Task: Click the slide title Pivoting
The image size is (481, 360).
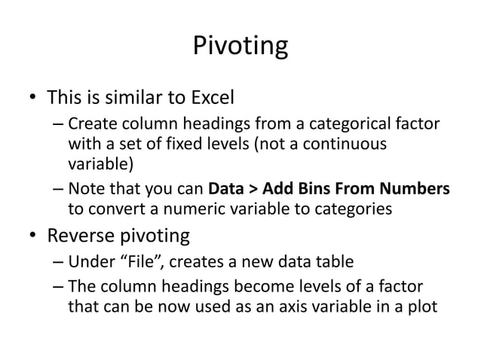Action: (x=240, y=47)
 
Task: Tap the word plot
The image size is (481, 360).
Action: (x=421, y=307)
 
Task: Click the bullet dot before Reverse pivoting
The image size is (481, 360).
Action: (x=32, y=238)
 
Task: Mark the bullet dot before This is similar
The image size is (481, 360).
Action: (x=32, y=99)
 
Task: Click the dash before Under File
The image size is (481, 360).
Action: (x=59, y=264)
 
